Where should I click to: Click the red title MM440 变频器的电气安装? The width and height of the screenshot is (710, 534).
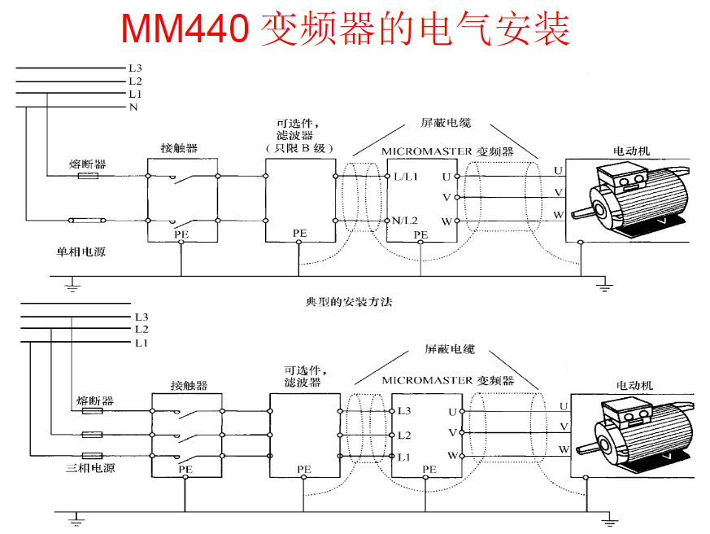coord(345,28)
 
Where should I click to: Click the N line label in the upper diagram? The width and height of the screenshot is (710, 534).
coord(133,107)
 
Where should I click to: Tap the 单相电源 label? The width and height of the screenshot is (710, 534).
coord(81,252)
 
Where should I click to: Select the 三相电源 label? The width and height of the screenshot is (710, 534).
coord(90,468)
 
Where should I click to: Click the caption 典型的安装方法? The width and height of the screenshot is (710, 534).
coord(349,302)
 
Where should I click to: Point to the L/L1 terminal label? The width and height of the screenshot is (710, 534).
coord(406,177)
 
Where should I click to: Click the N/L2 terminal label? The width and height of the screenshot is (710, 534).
coord(405,221)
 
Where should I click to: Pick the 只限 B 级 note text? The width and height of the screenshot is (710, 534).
coord(299,148)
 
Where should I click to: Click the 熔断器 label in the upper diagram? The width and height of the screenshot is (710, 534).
coord(87,164)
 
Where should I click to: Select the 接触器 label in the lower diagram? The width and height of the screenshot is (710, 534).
coord(189,386)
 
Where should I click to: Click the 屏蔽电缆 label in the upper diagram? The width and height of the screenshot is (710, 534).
coord(446,123)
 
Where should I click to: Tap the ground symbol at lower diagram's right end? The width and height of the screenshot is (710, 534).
coord(609,520)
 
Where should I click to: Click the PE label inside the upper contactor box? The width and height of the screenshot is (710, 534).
coord(181,234)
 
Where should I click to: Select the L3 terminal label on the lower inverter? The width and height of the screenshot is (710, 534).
coord(404,411)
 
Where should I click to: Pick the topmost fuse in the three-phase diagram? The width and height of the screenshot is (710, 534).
coord(93,411)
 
